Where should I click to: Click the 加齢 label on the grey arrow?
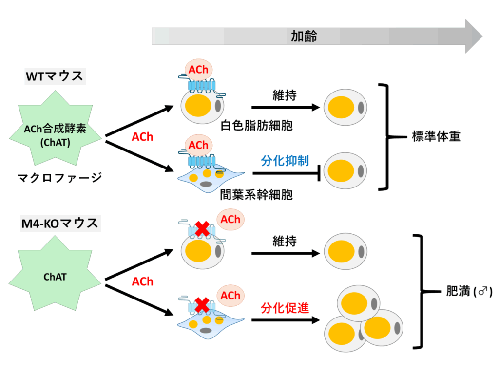point(304,36)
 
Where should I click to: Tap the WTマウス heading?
point(55,76)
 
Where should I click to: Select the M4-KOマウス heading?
point(60,223)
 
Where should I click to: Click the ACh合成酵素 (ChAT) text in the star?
point(55,135)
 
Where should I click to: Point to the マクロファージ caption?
point(59,177)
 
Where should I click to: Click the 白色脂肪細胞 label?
point(256,125)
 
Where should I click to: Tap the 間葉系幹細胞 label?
point(256,195)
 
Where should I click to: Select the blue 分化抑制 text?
point(285,161)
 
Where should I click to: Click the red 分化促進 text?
point(285,308)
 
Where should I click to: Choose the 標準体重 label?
point(436,136)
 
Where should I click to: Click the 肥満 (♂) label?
point(469,291)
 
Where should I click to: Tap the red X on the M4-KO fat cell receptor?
point(202,229)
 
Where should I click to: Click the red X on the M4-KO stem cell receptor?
point(202,305)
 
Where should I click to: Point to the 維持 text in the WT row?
point(285,95)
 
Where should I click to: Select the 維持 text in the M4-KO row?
point(285,241)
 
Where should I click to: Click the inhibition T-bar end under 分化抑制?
point(319,173)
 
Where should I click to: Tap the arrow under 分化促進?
point(286,320)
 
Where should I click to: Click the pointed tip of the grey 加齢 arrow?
point(482,36)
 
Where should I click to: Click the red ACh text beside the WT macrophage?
point(143,137)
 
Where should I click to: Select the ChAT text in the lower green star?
point(55,277)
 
